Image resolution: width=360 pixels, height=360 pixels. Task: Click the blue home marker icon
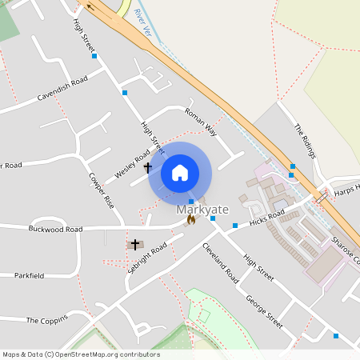coord(180,172)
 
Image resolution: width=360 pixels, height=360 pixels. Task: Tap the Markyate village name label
coord(202,210)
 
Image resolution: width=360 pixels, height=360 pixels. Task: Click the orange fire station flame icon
coord(190,218)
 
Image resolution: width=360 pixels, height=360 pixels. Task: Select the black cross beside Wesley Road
coord(147,167)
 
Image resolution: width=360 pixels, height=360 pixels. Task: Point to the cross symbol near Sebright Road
coord(135,243)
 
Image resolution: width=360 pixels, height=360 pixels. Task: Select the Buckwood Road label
coord(55,230)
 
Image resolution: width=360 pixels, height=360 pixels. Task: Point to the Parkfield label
coord(29,275)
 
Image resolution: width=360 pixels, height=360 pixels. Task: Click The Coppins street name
coord(43,320)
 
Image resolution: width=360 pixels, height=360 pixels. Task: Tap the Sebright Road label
coord(146,258)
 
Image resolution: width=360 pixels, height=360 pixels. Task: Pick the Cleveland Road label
coord(220,263)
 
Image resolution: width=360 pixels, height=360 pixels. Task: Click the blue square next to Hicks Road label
coord(235,226)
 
